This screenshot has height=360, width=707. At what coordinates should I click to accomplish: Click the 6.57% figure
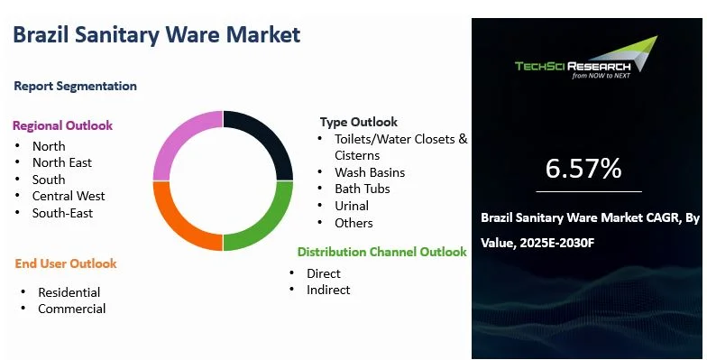(x=583, y=168)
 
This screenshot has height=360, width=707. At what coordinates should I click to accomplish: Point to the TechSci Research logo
(x=586, y=58)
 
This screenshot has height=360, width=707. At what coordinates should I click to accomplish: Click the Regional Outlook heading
(x=63, y=125)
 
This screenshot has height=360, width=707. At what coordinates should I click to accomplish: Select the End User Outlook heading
(x=66, y=263)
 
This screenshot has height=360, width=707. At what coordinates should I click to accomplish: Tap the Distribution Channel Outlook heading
(x=382, y=252)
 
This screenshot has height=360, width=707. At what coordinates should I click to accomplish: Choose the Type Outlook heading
(x=359, y=122)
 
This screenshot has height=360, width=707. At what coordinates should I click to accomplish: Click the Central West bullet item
(x=69, y=197)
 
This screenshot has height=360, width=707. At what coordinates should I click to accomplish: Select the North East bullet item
(x=62, y=162)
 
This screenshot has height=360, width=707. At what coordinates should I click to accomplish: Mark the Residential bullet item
(x=69, y=292)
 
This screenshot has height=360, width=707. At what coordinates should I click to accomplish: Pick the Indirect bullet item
(x=328, y=290)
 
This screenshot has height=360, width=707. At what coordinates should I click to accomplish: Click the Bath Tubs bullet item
(x=363, y=189)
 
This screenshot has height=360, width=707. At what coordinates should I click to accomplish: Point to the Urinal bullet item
(x=352, y=206)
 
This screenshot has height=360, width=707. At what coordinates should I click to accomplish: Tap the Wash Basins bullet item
(x=370, y=172)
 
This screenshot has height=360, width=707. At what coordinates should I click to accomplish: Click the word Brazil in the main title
(x=41, y=34)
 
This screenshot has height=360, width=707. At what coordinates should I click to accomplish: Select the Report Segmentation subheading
(x=76, y=87)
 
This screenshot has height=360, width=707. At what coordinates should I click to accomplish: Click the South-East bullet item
(x=63, y=213)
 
